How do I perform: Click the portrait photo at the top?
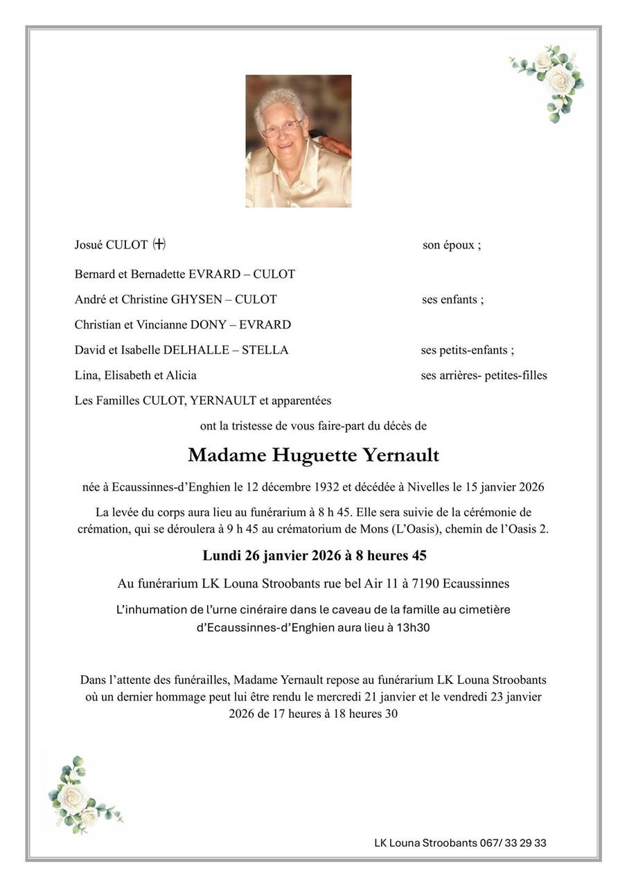click(298, 141)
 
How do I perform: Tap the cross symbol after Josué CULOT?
click(159, 245)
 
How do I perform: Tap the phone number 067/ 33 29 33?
click(513, 843)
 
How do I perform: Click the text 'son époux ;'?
click(452, 245)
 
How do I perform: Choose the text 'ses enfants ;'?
click(452, 299)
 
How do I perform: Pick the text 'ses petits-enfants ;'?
click(467, 350)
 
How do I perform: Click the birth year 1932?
click(325, 487)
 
